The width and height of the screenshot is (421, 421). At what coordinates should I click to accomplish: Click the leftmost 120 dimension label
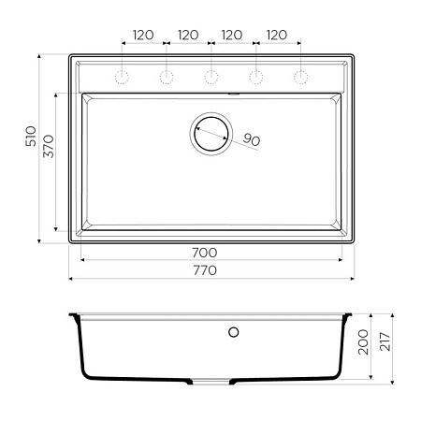[x=143, y=36]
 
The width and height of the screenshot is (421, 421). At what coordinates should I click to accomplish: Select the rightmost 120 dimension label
[x=277, y=36]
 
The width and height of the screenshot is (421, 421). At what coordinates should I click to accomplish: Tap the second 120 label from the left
[x=188, y=36]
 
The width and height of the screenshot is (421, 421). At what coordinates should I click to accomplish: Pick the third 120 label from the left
[x=232, y=36]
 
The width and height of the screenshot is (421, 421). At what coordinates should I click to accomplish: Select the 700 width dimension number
[x=204, y=253]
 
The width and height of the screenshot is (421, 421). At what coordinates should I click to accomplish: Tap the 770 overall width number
[x=204, y=270]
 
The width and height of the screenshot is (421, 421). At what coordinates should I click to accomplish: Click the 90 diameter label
[x=251, y=139]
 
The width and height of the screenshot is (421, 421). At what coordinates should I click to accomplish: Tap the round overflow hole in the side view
[x=234, y=331]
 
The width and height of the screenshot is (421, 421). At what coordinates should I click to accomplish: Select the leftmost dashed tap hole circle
[x=121, y=75]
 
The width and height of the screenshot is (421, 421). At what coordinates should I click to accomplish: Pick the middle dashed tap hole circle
[x=210, y=75]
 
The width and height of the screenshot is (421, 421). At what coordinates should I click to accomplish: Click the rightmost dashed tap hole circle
[x=300, y=75]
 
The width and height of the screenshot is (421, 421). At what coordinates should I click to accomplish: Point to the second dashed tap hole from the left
[x=166, y=75]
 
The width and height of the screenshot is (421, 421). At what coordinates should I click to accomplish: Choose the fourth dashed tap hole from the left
[x=255, y=75]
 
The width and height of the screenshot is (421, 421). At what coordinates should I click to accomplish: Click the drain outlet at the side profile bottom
[x=211, y=382]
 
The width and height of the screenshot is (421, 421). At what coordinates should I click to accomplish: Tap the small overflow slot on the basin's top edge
[x=235, y=94]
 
